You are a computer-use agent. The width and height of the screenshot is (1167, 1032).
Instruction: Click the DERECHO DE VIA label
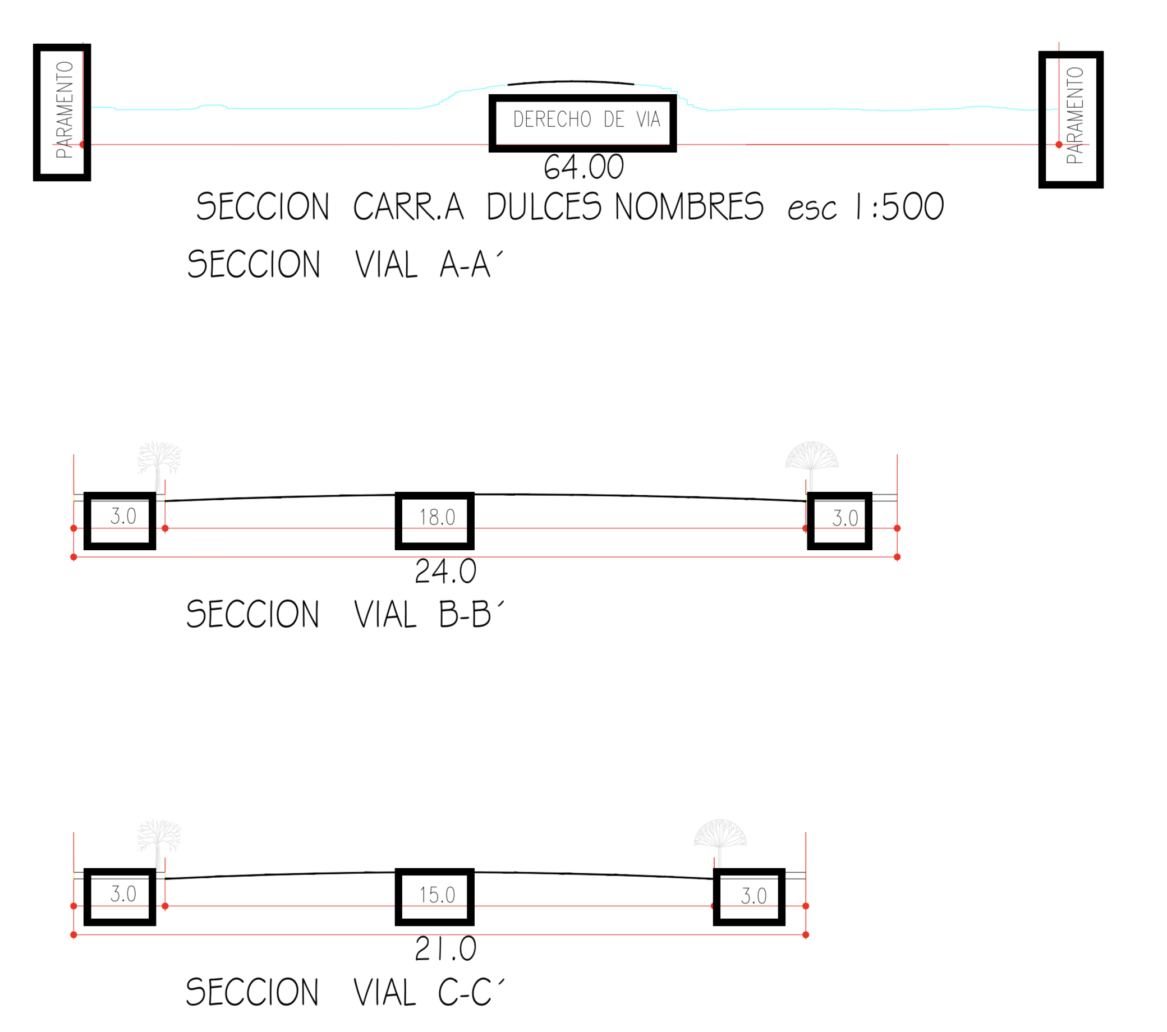click(x=586, y=119)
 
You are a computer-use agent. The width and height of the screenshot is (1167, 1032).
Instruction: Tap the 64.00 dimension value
click(x=583, y=167)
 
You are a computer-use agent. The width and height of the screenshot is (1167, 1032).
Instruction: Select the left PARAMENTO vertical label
click(x=65, y=109)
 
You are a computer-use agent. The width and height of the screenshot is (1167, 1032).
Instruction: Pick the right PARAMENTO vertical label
click(x=1074, y=116)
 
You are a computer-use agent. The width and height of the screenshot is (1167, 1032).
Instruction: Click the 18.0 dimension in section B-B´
click(x=437, y=518)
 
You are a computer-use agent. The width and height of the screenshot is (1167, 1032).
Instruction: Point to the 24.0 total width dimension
click(x=445, y=572)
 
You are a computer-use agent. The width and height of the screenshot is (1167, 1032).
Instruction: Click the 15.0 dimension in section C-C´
click(x=437, y=895)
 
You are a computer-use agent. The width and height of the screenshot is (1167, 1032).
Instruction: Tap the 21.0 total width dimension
click(x=445, y=948)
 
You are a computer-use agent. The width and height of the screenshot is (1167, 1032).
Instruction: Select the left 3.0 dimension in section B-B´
click(x=123, y=517)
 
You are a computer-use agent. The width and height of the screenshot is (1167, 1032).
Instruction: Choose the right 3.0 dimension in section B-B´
click(x=844, y=518)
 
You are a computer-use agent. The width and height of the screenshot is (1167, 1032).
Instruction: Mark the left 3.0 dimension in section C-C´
click(x=123, y=894)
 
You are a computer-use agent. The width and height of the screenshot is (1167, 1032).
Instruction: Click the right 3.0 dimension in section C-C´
click(x=753, y=896)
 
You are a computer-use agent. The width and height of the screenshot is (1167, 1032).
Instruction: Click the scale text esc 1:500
click(x=865, y=206)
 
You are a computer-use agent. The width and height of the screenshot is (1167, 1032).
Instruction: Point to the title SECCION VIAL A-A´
click(x=345, y=264)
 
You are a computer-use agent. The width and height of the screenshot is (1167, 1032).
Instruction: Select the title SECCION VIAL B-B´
click(x=345, y=614)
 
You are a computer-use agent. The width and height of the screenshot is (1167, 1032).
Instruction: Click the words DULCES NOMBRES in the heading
click(x=624, y=206)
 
